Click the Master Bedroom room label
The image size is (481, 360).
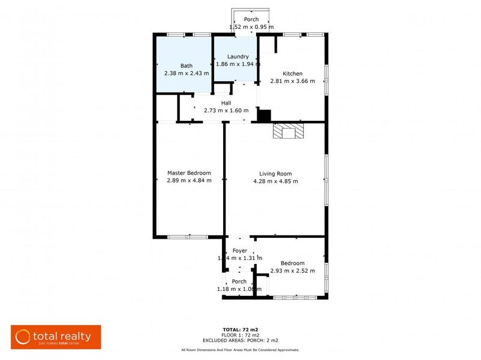(x=189, y=173)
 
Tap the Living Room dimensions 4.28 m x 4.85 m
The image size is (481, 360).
(x=275, y=181)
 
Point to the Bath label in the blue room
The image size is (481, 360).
(x=186, y=66)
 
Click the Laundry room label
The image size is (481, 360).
(x=237, y=56)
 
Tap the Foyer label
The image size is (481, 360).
(x=239, y=251)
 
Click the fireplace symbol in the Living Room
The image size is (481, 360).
(x=288, y=131)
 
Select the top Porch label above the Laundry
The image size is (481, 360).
(x=251, y=19)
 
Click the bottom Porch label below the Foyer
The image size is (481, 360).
(x=239, y=281)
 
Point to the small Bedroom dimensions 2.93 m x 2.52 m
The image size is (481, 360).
(x=292, y=271)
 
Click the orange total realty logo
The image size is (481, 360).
(x=56, y=337)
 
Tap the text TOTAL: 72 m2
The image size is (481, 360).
(x=240, y=330)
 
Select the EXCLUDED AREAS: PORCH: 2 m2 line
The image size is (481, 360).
(x=240, y=340)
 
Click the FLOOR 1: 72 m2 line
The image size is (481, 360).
(x=240, y=335)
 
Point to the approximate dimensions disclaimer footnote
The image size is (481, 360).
(x=240, y=350)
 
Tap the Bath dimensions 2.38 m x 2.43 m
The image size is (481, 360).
(x=186, y=73)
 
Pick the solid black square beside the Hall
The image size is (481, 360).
(x=264, y=115)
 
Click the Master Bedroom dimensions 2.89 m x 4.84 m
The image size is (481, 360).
(x=189, y=181)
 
